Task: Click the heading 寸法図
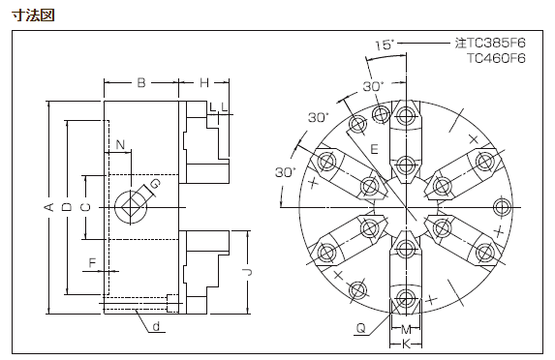point(33,15)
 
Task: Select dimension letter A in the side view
point(50,207)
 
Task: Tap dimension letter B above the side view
point(141,83)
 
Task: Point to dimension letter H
point(204,83)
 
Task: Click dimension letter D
point(67,207)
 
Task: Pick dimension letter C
point(85,207)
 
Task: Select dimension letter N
point(121,144)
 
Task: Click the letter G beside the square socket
point(155,184)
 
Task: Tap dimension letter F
point(92,263)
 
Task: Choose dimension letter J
point(248,272)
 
